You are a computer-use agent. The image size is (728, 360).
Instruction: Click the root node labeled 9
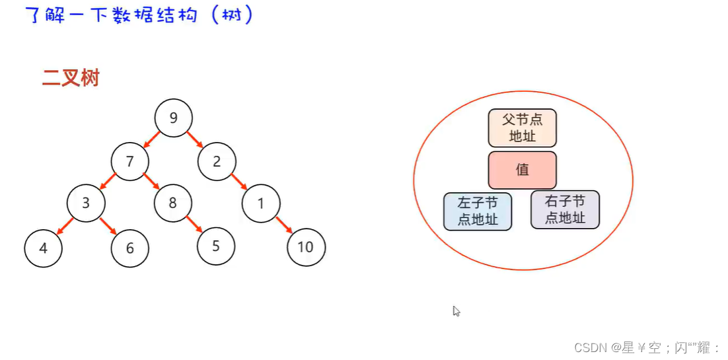pos(174,118)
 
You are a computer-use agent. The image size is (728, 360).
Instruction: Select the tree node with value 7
pos(130,161)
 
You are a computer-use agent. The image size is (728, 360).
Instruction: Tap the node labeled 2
pos(217,161)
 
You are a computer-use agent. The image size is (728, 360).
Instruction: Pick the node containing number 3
pos(86,203)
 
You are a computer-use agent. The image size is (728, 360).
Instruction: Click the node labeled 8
pos(173,203)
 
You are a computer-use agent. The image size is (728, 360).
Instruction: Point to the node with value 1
pos(261,203)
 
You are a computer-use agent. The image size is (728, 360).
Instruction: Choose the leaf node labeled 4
pos(43,248)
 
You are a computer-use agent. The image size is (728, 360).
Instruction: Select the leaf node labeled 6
pos(130,248)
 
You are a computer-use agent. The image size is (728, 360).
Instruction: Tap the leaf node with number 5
pos(216,246)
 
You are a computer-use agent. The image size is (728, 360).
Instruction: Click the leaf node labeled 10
pos(306,248)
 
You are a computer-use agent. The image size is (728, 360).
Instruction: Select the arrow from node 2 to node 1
pos(238,182)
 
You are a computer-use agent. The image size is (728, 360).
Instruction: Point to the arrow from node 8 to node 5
pos(194,224)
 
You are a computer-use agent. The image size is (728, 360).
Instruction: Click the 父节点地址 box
pos(523,128)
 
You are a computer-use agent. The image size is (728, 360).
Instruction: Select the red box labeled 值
pos(523,170)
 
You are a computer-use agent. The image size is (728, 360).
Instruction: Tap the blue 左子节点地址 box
pos(478,211)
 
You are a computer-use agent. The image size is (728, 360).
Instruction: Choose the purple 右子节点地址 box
pos(565,210)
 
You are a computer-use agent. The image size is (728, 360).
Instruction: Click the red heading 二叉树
pos(71,78)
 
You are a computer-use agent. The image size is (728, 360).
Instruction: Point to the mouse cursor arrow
pos(456,310)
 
